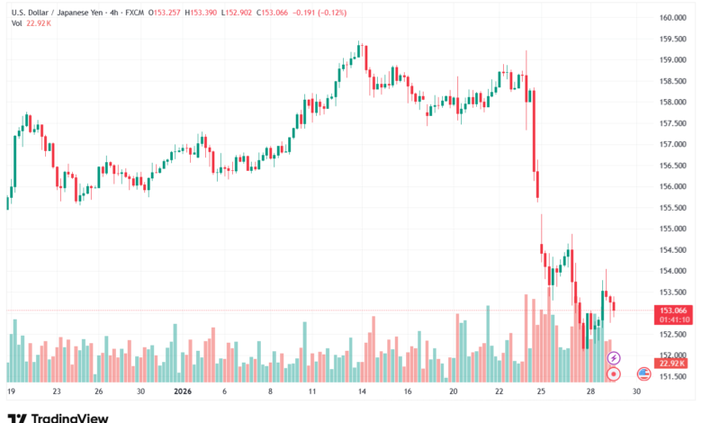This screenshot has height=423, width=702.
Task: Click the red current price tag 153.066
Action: pos(673,310)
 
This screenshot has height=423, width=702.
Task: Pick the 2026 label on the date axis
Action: pos(183,392)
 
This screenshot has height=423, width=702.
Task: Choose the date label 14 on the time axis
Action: pos(360,392)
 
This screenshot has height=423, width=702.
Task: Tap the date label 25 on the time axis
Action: pos(541,392)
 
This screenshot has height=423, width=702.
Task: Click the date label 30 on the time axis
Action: pos(636,392)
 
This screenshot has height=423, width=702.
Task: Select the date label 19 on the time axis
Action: pos(11,392)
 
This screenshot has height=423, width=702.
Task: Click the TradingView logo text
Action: pos(69,418)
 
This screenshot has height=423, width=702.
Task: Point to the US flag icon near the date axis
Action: pos(644,373)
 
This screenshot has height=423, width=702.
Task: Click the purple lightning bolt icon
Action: pos(614,358)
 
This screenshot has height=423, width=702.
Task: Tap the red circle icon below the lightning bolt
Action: pos(614,373)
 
